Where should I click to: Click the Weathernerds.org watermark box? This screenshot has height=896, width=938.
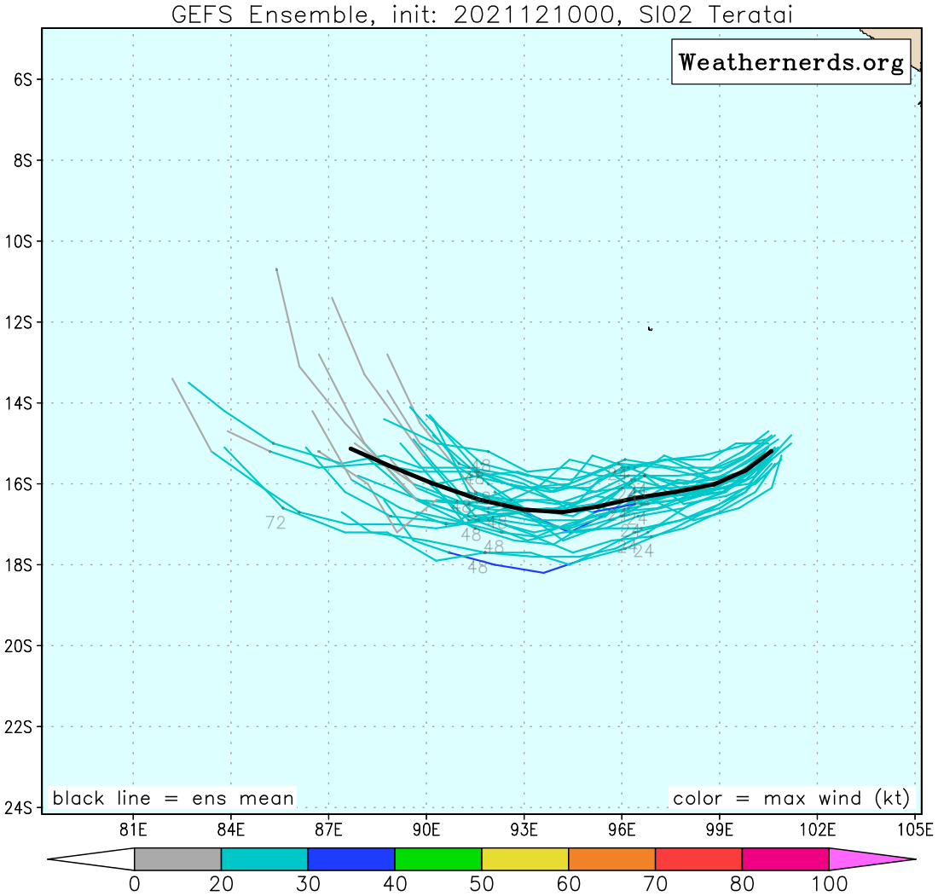tap(790, 62)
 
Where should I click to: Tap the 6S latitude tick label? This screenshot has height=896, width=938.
tap(23, 79)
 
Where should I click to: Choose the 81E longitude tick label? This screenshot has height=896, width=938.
tap(133, 828)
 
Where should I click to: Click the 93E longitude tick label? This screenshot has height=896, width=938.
tap(524, 828)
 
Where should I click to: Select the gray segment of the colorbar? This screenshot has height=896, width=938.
tap(177, 858)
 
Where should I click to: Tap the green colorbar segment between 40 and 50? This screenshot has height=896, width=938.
tap(438, 858)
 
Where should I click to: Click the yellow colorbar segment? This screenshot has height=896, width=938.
tap(524, 858)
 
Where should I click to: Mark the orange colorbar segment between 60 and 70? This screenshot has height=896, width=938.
tap(611, 858)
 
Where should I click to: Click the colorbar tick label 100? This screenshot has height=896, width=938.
tap(829, 884)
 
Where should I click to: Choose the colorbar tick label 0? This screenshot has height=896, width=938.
tap(134, 884)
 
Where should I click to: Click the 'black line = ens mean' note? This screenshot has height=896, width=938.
tap(173, 799)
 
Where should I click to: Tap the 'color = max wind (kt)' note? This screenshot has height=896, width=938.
tap(790, 799)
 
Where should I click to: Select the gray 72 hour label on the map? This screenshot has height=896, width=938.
tap(275, 523)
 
